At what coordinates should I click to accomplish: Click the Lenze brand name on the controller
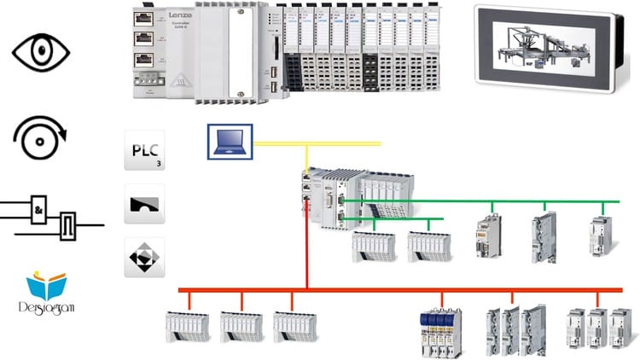click(x=177, y=14)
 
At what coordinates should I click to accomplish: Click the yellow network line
click(x=341, y=144)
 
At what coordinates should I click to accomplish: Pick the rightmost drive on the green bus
click(x=600, y=236)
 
